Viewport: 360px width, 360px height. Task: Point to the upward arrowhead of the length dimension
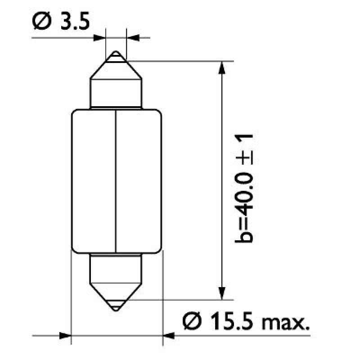pos(221,67)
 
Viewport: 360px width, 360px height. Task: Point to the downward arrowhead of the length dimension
pos(221,293)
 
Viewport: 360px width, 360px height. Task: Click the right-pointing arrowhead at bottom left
pos(66,335)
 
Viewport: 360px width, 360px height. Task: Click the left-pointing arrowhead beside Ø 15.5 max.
pos(168,335)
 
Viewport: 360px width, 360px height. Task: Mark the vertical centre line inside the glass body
pos(117,180)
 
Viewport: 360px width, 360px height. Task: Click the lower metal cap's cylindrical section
pos(117,268)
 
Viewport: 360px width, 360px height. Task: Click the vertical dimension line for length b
pos(221,180)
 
